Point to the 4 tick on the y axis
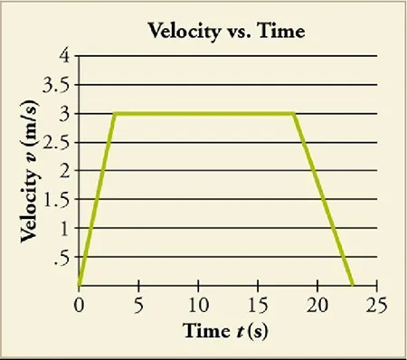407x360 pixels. (63, 56)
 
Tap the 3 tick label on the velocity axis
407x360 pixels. (63, 114)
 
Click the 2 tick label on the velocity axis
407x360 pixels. (63, 171)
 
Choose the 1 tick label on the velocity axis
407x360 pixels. (63, 229)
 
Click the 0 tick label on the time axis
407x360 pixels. (79, 302)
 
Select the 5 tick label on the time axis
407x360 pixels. (138, 302)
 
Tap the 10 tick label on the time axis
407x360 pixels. (198, 302)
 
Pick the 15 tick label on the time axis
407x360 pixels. (258, 302)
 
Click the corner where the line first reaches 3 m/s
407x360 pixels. (114, 114)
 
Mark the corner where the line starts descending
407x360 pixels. (294, 114)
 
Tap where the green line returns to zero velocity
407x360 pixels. (353, 286)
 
